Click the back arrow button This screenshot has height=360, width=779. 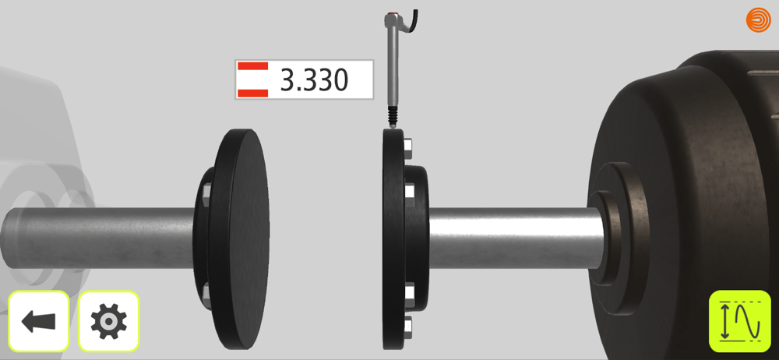coord(38,321)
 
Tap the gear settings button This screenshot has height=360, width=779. coord(109,321)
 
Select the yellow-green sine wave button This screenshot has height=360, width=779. coord(740,321)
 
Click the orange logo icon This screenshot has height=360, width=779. coord(758,20)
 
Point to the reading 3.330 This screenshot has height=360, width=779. coord(313,79)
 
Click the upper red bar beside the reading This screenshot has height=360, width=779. coord(253,66)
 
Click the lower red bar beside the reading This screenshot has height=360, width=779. coord(253,93)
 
